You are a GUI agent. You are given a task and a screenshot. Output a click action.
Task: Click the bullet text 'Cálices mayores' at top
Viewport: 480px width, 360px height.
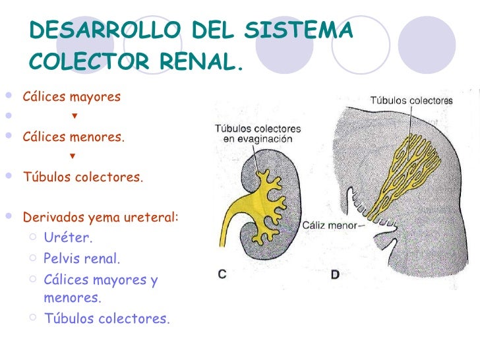(x=72, y=97)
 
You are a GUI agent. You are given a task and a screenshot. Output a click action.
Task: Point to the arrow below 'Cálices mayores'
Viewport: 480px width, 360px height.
(x=74, y=117)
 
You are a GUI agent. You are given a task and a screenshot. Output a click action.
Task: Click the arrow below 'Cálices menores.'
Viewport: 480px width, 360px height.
(x=72, y=157)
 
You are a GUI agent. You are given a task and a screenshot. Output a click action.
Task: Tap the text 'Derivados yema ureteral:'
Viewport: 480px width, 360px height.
(x=101, y=217)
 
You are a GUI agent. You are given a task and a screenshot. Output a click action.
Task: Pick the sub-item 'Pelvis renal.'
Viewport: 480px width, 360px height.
(x=82, y=258)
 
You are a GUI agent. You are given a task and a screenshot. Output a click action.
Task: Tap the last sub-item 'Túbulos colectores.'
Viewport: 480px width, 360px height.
(x=106, y=319)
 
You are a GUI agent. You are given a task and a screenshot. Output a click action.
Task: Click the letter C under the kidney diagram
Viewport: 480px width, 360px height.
(x=223, y=274)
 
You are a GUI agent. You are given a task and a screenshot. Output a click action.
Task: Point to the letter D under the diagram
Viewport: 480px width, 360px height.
(x=334, y=274)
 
